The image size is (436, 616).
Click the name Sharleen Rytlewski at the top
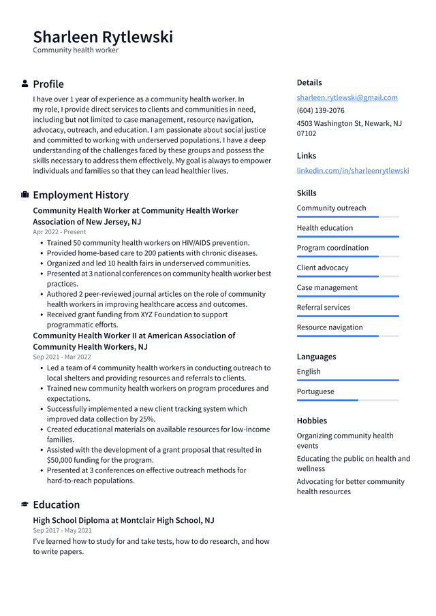click(103, 37)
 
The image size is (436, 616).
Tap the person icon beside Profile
click(25, 84)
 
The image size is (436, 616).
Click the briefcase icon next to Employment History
click(25, 195)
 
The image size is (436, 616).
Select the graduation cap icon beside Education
click(25, 504)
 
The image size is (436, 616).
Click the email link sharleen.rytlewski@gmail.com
click(347, 97)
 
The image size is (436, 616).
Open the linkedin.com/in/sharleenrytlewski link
click(352, 170)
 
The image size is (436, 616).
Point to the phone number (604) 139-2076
click(320, 110)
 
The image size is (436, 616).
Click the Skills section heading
click(307, 193)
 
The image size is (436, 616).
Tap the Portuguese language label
click(315, 391)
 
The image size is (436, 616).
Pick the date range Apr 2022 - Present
click(59, 232)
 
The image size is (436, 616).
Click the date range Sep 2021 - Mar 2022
click(61, 357)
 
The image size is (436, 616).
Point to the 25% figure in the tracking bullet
click(147, 419)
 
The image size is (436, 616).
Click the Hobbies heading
click(311, 421)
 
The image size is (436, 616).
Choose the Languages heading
click(316, 357)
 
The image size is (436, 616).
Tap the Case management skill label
click(327, 287)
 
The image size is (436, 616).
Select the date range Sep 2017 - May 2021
click(62, 530)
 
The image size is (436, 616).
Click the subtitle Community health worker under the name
click(76, 50)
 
